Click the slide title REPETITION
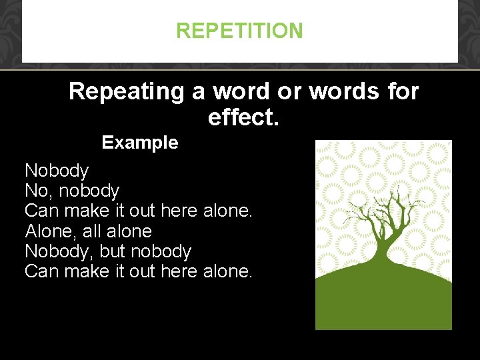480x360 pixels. pos(239,31)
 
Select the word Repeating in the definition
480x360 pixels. pos(126,91)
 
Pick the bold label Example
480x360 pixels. pos(140,143)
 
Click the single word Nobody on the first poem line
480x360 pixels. pos(57,171)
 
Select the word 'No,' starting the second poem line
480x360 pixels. pos(39,191)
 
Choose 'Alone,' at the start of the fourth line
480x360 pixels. pos(51,231)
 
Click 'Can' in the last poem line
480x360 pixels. pos(41,271)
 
